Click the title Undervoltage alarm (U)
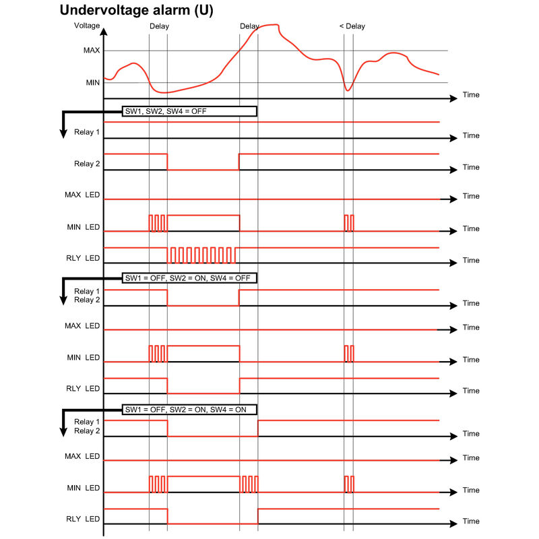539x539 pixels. point(137,11)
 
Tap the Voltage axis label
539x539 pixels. point(87,26)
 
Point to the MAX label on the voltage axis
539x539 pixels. point(92,51)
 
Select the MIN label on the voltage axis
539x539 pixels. point(92,83)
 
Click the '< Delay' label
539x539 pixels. point(352,26)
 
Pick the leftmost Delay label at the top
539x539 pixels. point(159,26)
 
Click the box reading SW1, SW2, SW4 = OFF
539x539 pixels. point(189,111)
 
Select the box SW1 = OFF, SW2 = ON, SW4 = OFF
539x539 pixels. point(189,278)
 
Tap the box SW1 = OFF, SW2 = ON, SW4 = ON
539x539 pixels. point(189,409)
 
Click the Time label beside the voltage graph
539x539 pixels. point(471,95)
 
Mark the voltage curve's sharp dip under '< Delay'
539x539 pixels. point(348,90)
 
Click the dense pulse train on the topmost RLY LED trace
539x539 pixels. point(203,255)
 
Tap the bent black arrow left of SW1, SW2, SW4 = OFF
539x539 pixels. point(63,125)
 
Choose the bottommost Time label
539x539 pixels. point(471,521)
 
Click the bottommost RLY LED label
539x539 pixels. point(82,519)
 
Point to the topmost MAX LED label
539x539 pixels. point(82,195)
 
